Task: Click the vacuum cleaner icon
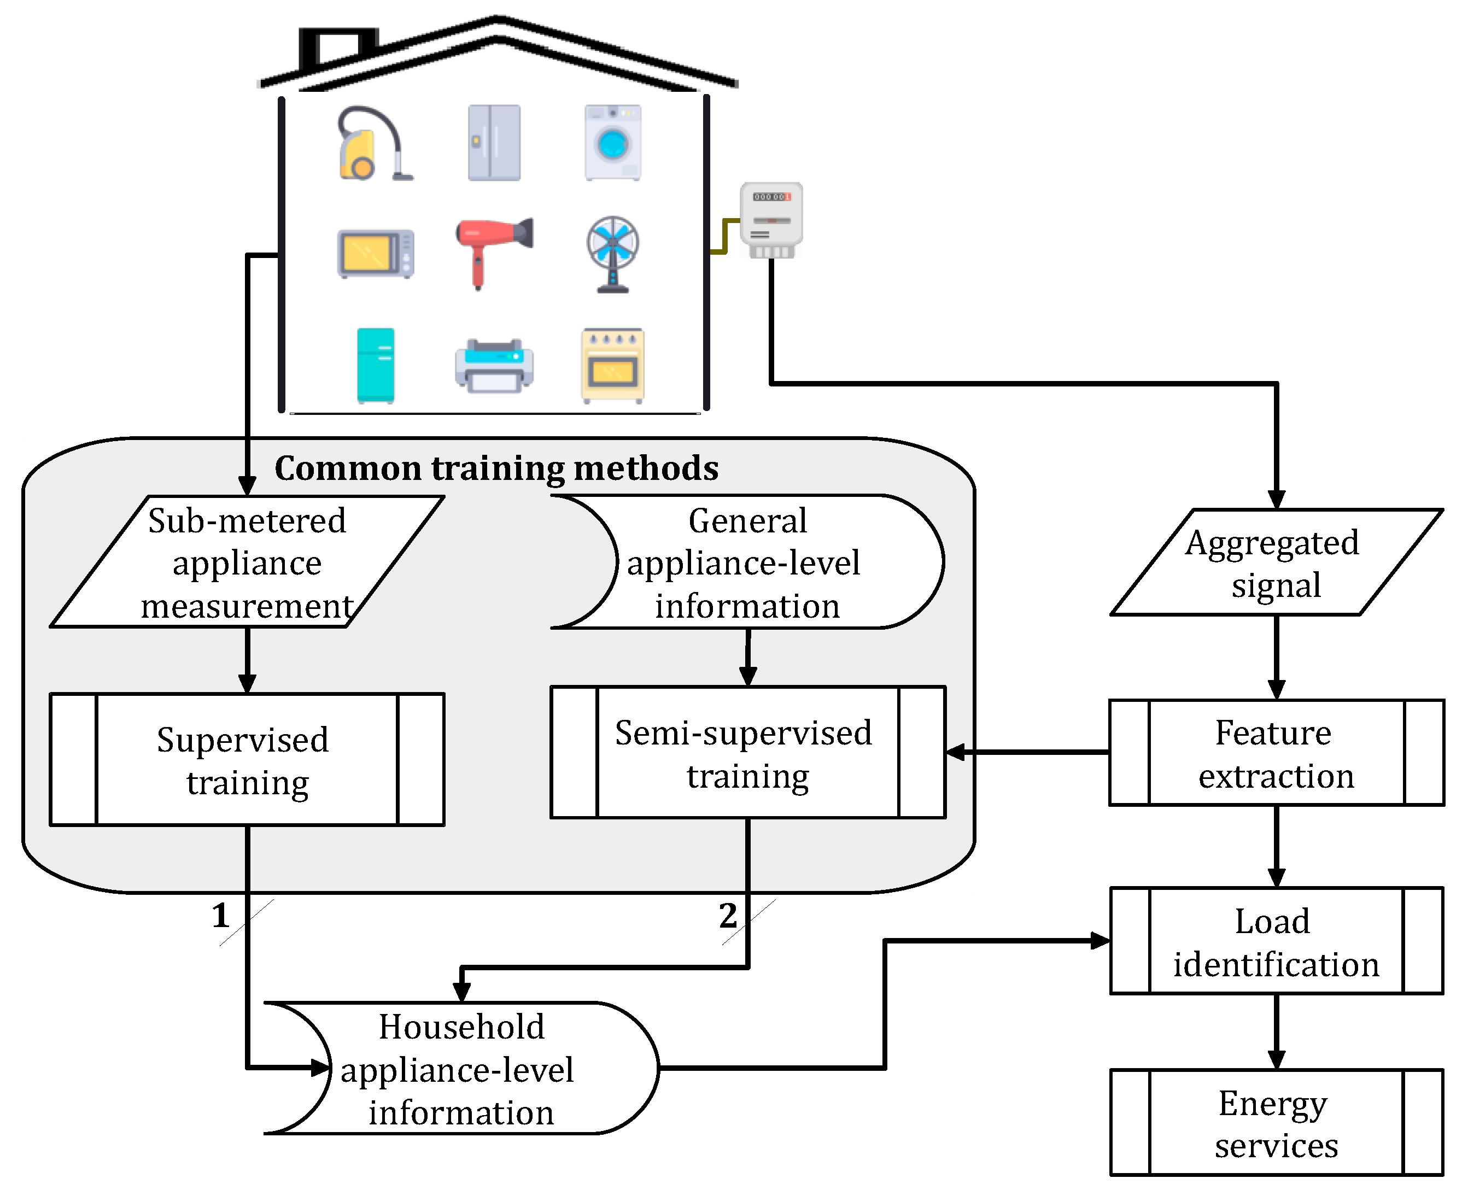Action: (373, 144)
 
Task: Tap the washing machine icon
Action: (612, 143)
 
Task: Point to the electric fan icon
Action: (612, 254)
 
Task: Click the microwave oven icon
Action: (375, 254)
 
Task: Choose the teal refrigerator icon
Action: (375, 365)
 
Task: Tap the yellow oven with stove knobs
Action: (612, 365)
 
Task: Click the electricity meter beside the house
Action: (771, 219)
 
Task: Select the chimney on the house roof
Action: (338, 48)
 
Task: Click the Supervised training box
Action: (247, 759)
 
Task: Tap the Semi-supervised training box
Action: (747, 753)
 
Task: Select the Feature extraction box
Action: (1276, 753)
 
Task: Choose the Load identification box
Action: (1276, 941)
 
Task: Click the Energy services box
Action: (1276, 1123)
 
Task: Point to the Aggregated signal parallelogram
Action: (1276, 562)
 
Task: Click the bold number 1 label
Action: (220, 916)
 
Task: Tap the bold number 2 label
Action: (728, 916)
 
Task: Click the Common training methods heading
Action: (496, 468)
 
